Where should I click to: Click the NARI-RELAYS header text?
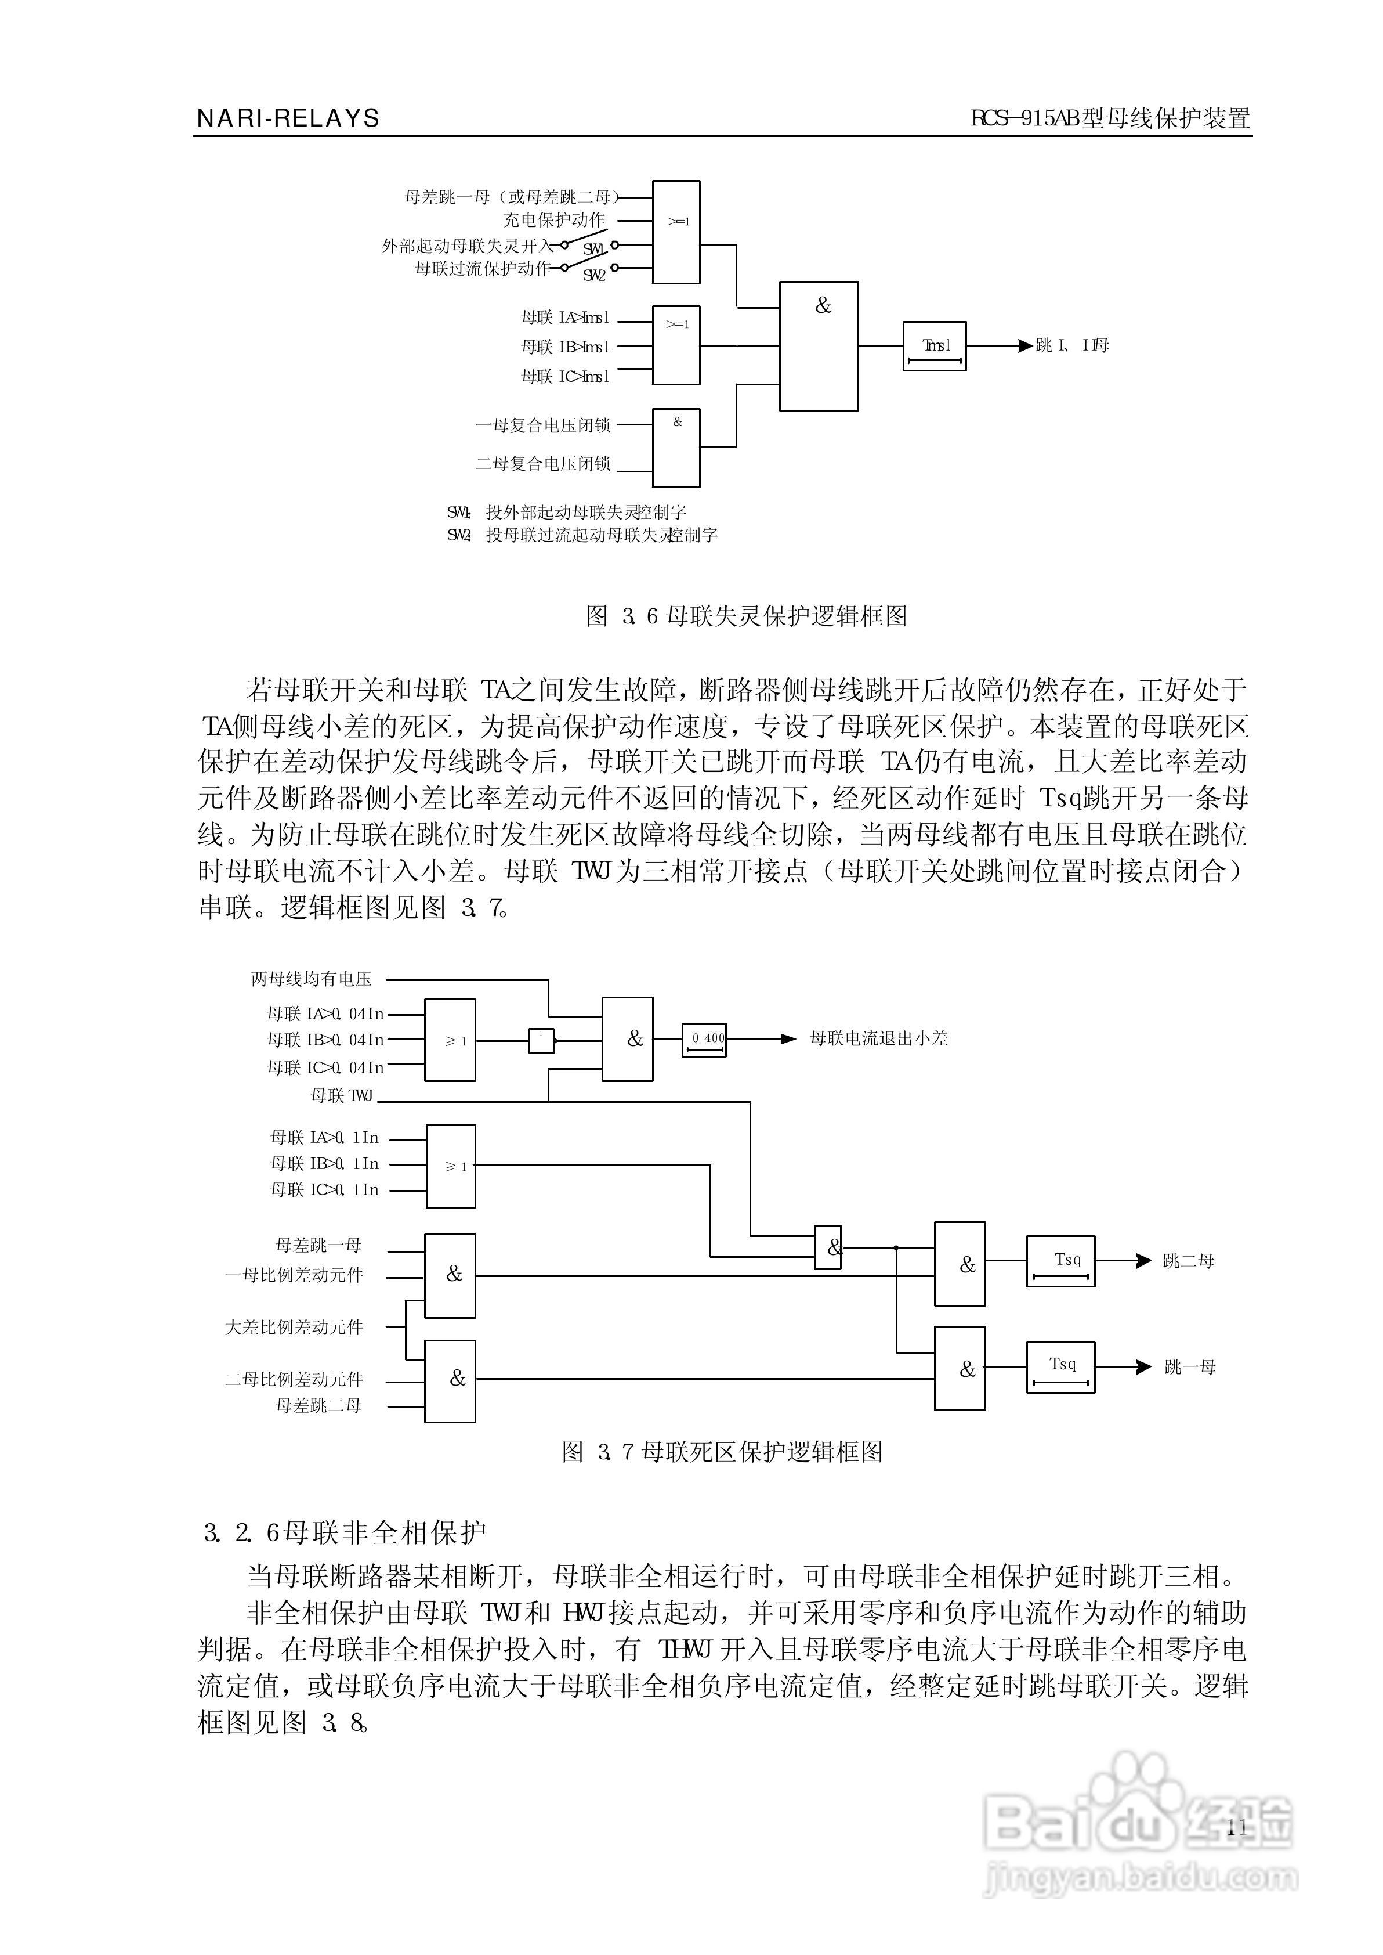coord(288,118)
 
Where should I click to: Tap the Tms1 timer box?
coord(934,346)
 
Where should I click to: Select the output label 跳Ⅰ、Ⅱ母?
coord(1072,346)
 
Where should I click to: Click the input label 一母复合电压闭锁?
coord(542,424)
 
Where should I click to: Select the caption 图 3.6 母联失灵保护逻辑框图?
coord(746,616)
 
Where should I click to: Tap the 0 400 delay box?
coord(704,1039)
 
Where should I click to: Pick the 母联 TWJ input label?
coord(342,1095)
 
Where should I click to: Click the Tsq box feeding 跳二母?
coord(1060,1261)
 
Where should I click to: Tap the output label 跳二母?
coord(1188,1261)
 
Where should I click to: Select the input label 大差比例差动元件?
coord(294,1327)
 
